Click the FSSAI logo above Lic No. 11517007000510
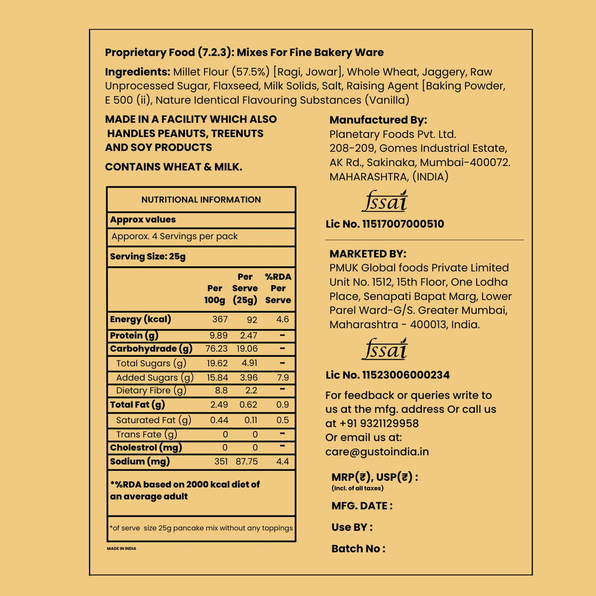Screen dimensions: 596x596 coord(384,201)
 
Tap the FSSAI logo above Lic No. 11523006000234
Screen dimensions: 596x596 coord(384,350)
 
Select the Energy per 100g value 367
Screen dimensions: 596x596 coord(219,320)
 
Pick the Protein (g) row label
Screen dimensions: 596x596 coord(134,335)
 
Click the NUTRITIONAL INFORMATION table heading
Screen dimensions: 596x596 coord(201,200)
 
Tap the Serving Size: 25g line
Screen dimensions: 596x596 coord(148,257)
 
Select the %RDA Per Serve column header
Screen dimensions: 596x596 coord(278,288)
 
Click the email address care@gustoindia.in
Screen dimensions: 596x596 coord(377,452)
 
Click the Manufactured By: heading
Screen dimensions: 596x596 coord(378,120)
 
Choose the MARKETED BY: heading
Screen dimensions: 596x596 coord(368,254)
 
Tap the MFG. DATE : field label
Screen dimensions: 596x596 coord(361,506)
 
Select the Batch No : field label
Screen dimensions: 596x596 coord(358,548)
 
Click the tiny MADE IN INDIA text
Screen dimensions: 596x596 coord(122,548)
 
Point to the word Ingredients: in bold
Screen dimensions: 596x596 coord(137,72)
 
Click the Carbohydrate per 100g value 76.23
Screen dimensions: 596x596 coord(215,349)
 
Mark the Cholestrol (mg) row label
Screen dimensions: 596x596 coord(146,448)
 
